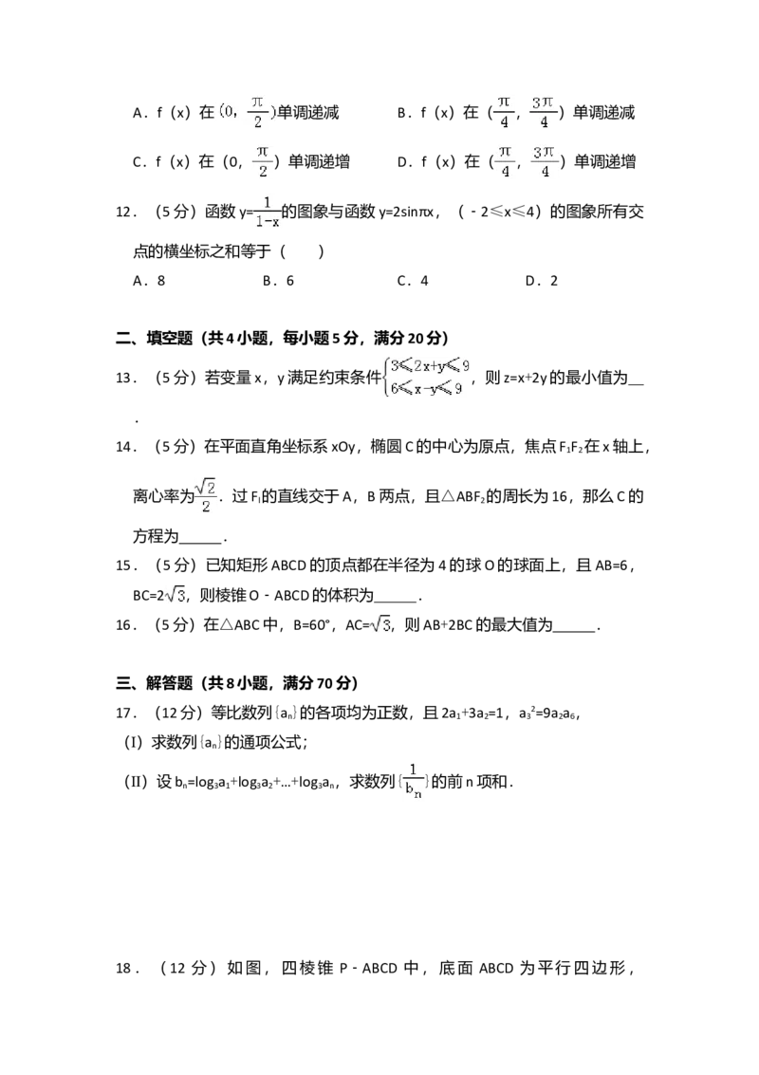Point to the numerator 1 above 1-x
pos(267,202)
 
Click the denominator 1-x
pos(267,223)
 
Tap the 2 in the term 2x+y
pos(417,366)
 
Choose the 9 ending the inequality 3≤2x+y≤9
pos(464,366)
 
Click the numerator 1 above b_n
pos(413,769)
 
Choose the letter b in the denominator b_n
pos(409,790)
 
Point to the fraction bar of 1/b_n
pos(413,780)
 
